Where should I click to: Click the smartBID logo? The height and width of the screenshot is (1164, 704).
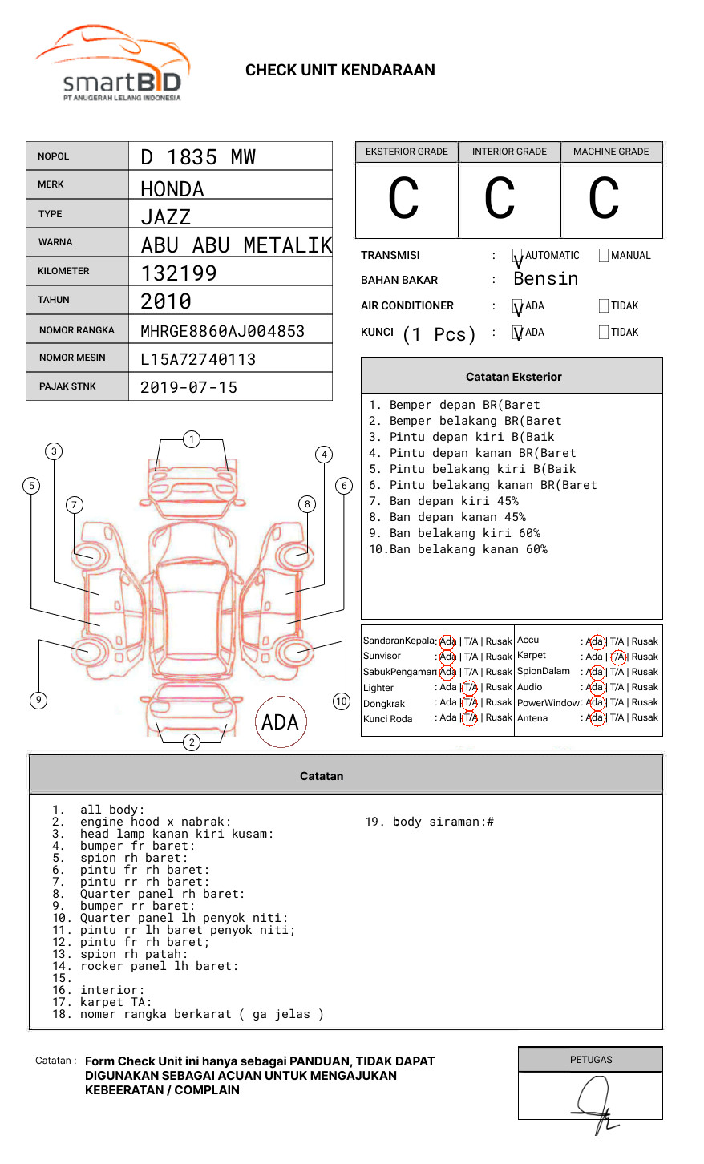pos(112,64)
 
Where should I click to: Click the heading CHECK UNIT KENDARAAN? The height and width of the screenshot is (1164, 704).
pos(340,71)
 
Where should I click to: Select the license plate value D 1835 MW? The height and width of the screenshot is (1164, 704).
pos(198,157)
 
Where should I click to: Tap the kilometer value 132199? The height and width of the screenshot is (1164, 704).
pos(179,273)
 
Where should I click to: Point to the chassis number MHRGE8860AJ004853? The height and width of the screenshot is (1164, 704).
pos(222,331)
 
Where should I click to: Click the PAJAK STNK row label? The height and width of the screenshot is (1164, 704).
pos(67,386)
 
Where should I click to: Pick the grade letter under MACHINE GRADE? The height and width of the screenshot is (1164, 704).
pos(603,199)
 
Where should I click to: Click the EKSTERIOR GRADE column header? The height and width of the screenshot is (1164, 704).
pos(407,152)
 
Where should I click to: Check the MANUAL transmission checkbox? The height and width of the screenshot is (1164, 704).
pos(604,256)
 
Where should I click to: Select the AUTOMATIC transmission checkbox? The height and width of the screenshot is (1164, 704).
pos(517,256)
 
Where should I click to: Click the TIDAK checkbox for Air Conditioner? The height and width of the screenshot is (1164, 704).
pos(604,306)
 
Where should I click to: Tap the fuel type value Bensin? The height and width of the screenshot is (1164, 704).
pos(545,279)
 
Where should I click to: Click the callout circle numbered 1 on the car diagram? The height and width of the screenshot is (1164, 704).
pos(191,439)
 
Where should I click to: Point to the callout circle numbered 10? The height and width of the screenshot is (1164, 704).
pos(342,701)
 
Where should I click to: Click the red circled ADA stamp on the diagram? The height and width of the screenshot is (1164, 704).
pos(281,722)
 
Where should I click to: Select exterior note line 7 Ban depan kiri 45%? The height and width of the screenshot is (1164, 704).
pos(443,501)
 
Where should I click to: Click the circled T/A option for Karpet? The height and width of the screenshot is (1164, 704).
pos(617,657)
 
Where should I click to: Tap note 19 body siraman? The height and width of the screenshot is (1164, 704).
pos(429,822)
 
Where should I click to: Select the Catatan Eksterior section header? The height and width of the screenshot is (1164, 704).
pos(513,377)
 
